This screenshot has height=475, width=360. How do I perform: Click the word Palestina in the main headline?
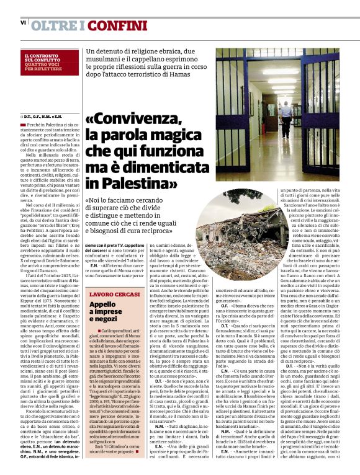coord(136,183)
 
